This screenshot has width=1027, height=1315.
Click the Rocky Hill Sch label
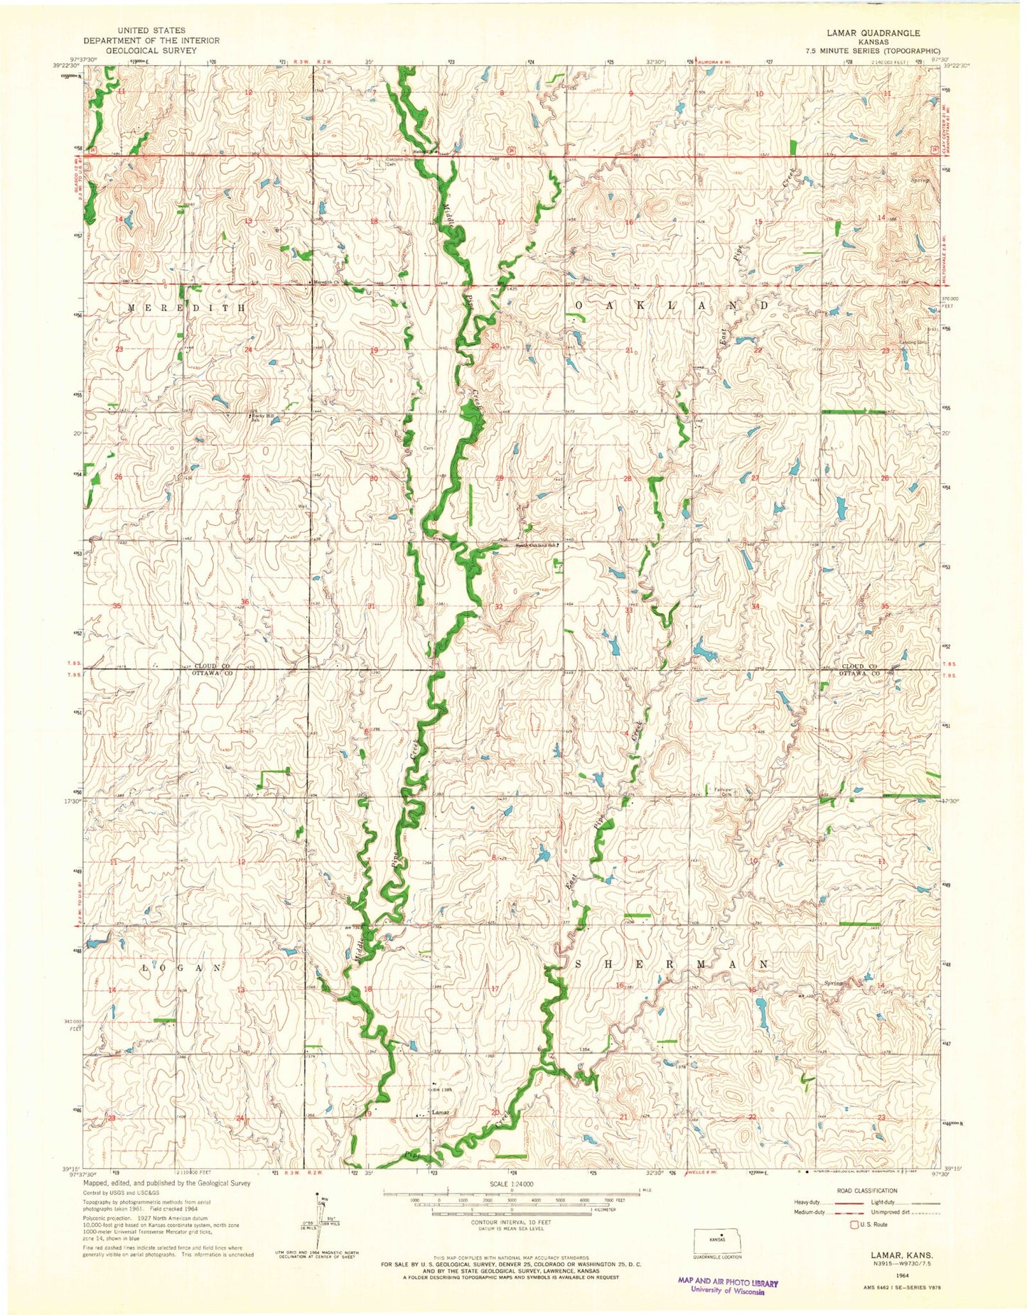coord(261,418)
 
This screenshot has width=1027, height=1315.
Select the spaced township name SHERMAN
coord(670,964)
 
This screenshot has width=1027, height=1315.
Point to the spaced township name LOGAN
coord(187,968)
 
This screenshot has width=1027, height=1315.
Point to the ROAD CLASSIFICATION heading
coord(868,1191)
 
